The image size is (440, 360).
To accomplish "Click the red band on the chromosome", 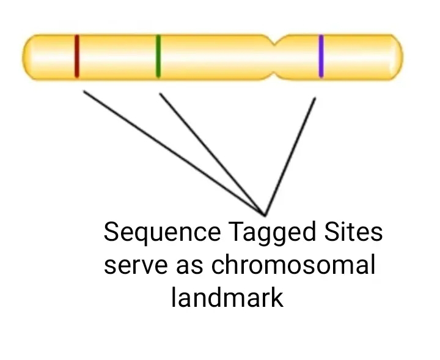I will coord(77,57).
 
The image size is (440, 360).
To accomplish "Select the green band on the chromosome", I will coord(158,57).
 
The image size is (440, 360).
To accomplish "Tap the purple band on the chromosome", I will coord(321,57).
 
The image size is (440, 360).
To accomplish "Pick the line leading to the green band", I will coord(211,153).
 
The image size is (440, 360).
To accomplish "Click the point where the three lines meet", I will coord(265,215).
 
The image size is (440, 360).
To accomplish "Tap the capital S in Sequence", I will coord(111,233).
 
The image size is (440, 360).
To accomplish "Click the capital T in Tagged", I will coord(235,233).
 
